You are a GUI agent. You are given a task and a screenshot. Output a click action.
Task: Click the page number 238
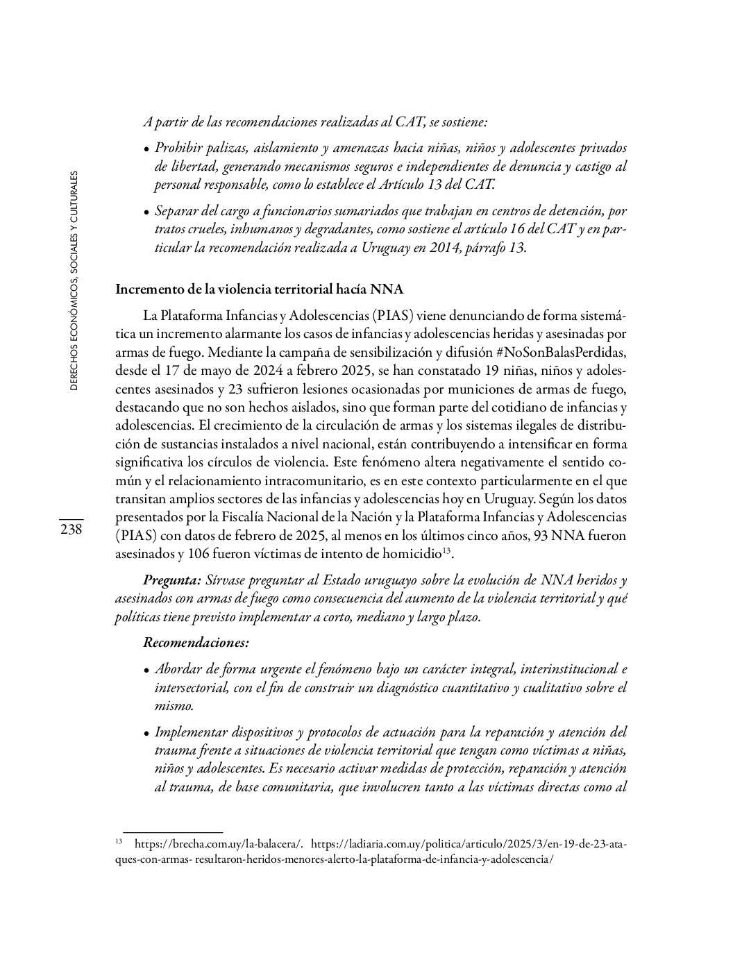pos(71,530)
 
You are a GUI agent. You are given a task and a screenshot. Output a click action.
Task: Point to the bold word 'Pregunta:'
pos(172,580)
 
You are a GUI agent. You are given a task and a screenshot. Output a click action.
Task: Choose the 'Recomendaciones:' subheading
pos(196,643)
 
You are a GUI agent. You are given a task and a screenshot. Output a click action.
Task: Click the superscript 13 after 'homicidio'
pos(448,550)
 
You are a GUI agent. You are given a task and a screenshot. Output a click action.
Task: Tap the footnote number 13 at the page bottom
pos(119,842)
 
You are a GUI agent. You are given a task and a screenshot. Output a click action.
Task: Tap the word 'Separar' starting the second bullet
pos(176,211)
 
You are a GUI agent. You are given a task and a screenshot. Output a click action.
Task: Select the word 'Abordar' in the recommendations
pos(178,670)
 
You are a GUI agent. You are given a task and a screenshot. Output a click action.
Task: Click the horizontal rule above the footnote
pos(172,832)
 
